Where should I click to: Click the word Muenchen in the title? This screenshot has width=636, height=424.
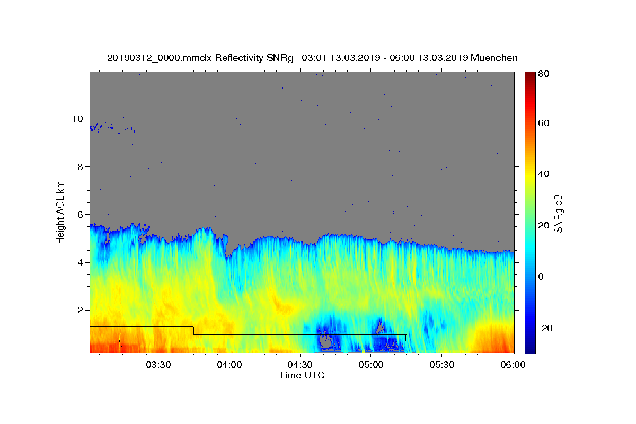point(494,58)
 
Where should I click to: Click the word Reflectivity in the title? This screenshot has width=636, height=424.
point(239,58)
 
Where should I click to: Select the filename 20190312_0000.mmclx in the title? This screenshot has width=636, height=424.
point(160,58)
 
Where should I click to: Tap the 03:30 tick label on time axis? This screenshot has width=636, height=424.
point(158,365)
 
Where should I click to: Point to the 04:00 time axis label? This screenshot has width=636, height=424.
point(229,365)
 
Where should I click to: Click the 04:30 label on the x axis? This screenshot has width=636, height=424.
point(300,365)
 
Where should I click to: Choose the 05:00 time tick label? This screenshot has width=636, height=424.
point(371,365)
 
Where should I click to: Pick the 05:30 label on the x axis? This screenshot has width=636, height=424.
point(442,365)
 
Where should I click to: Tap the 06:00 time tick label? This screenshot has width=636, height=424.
point(513,365)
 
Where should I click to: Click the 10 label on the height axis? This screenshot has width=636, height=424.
point(77,119)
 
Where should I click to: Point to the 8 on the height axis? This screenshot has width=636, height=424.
point(81,167)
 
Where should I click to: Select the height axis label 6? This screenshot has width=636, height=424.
point(81,215)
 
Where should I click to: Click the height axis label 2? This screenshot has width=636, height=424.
point(81,310)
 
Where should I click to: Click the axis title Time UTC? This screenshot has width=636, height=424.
point(302,375)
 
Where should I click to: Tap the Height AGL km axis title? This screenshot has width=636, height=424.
point(60,213)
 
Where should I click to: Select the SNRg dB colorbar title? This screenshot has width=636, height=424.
point(558,214)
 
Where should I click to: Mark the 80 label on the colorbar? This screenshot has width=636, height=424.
point(544,74)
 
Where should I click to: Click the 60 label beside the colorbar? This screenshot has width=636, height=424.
point(544,123)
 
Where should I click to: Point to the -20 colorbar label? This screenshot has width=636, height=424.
point(545,329)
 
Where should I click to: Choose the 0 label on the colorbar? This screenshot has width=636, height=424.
point(541,277)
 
